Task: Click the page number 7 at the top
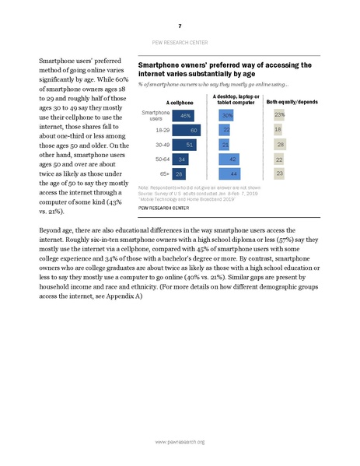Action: (180, 26)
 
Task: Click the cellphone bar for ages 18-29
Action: (187, 129)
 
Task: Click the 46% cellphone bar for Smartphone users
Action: (183, 114)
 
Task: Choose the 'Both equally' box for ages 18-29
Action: (278, 129)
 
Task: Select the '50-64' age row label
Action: (162, 159)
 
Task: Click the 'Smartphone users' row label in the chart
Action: (156, 114)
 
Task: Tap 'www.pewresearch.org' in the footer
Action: (180, 441)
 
